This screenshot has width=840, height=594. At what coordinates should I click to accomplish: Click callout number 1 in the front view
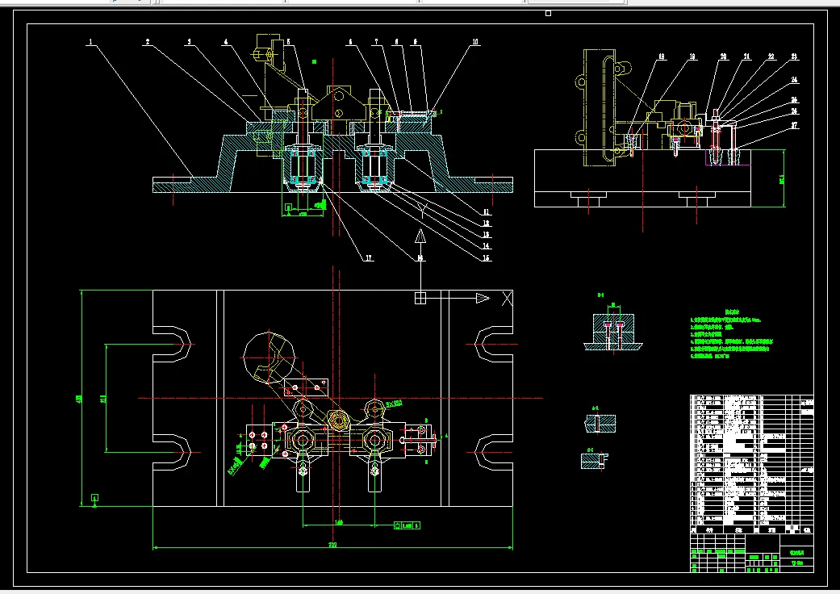click(91, 41)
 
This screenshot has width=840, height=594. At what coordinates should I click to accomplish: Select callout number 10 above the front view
click(475, 41)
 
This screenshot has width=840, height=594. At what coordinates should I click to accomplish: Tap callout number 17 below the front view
click(368, 258)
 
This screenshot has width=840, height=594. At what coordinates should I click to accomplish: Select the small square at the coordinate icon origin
click(420, 299)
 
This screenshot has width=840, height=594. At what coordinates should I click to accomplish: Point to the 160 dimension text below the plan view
click(339, 522)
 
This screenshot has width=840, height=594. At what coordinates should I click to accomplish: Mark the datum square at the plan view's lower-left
click(95, 497)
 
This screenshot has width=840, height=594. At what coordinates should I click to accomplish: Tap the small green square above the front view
click(315, 61)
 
